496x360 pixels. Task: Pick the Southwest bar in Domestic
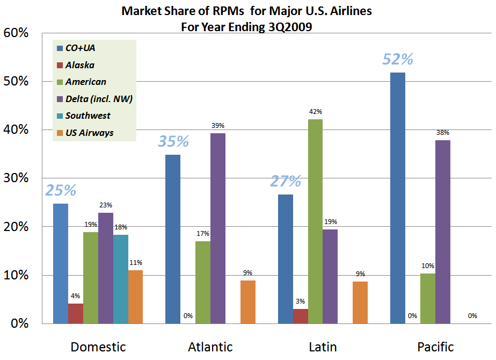click(121, 279)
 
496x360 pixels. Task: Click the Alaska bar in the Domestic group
click(76, 313)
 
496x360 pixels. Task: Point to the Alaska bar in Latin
click(300, 316)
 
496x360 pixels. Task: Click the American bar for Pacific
click(428, 298)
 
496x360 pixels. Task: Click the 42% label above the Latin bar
click(316, 112)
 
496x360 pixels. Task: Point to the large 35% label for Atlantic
click(173, 141)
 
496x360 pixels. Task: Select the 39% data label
click(218, 126)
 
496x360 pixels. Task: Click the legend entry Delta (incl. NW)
click(99, 99)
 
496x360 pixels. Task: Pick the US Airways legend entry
click(89, 133)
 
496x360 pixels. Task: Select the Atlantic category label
click(210, 347)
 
